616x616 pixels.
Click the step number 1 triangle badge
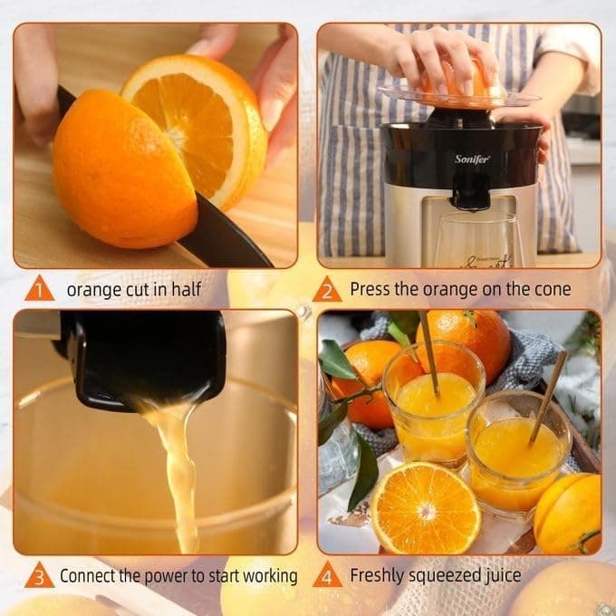click(39, 290)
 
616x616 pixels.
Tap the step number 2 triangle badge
click(327, 290)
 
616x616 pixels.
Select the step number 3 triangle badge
click(39, 575)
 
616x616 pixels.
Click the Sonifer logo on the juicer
click(472, 159)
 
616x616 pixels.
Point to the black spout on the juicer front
click(471, 190)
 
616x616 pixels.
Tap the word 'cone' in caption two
click(553, 290)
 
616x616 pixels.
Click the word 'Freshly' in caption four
click(377, 575)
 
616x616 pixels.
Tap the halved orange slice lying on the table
click(426, 507)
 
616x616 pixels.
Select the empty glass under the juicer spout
click(476, 240)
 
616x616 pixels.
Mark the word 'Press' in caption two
click(371, 290)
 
